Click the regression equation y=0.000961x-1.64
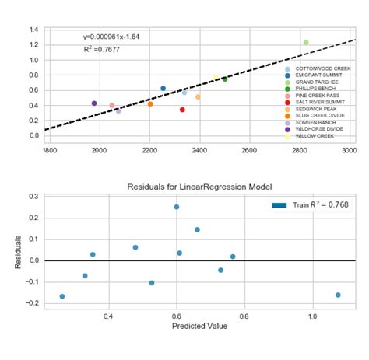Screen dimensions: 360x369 point(111,37)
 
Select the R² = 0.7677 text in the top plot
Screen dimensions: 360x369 point(100,49)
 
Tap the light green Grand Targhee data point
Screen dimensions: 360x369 point(306,42)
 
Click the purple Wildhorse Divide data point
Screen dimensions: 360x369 point(94,103)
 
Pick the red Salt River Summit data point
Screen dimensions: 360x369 point(182,110)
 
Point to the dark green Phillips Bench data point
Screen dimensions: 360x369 point(225,79)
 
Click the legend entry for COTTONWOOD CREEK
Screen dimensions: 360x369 point(323,68)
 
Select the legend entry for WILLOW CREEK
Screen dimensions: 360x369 point(315,135)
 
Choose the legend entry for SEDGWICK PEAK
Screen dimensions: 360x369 point(317,109)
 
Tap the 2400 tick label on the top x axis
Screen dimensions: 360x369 point(200,151)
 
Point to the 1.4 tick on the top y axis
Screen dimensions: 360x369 point(35,30)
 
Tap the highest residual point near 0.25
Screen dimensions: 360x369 point(177,207)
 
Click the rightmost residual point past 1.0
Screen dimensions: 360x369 point(338,295)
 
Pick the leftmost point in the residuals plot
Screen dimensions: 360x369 point(62,296)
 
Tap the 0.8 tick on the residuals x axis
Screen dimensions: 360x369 point(244,316)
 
